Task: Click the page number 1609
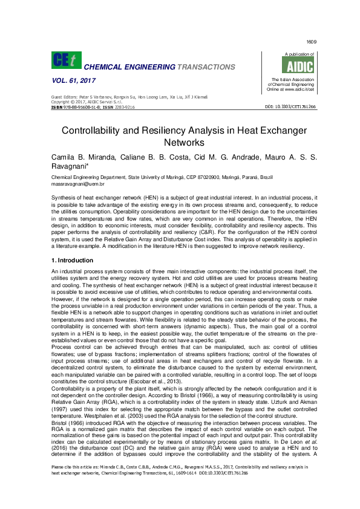click(x=312, y=42)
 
